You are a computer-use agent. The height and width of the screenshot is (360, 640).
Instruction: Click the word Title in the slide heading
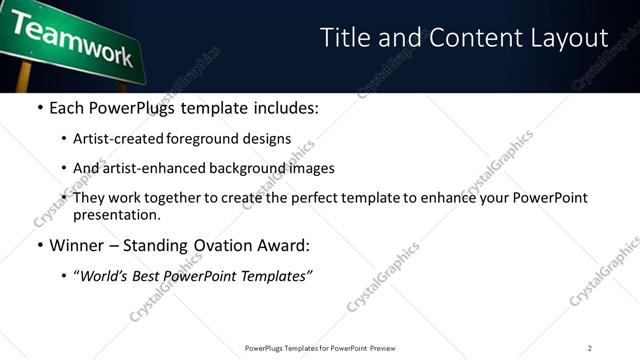point(344,38)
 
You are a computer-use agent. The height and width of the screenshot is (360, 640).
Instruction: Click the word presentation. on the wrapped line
point(116,214)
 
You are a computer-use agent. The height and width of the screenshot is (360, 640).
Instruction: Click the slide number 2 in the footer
point(589,348)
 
